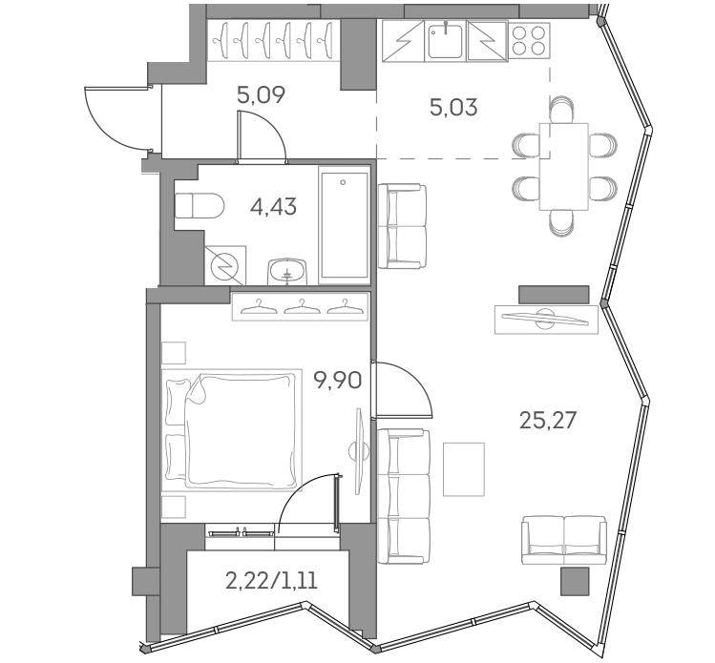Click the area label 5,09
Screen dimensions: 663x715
coord(261,95)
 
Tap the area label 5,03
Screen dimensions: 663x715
coord(453,105)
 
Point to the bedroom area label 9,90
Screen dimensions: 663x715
coord(336,383)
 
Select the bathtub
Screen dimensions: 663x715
coord(343,225)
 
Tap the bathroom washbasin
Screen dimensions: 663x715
coord(286,271)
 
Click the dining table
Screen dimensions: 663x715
coord(563,166)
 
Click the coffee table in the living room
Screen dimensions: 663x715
coord(465,468)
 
